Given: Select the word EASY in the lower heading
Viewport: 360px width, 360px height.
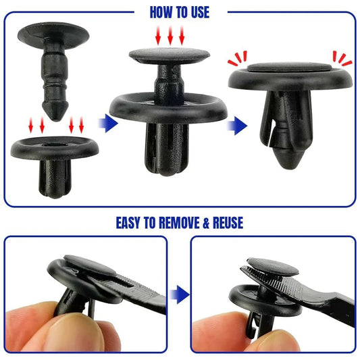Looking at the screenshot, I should [134, 222].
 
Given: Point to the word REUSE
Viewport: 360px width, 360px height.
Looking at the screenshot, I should [227, 222].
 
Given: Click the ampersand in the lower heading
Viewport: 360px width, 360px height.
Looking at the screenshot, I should [203, 222].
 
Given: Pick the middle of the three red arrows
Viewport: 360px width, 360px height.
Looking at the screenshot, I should [170, 36].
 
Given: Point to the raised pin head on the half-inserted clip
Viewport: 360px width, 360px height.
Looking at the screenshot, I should [169, 57].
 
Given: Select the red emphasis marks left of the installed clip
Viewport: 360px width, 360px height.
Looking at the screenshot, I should [237, 57].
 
